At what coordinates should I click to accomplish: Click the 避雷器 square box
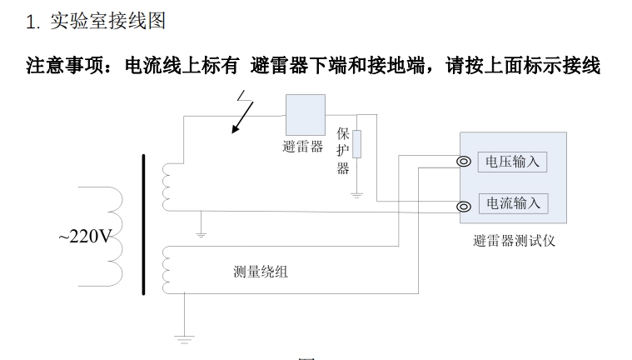(x=305, y=113)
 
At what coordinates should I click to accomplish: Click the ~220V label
(x=84, y=237)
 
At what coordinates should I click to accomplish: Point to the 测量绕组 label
(x=261, y=272)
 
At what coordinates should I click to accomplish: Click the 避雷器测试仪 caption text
(x=513, y=242)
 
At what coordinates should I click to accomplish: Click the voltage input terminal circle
(x=464, y=163)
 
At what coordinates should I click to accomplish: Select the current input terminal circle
(x=464, y=206)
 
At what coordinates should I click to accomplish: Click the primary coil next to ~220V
(x=112, y=237)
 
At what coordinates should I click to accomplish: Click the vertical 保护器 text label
(x=342, y=151)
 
